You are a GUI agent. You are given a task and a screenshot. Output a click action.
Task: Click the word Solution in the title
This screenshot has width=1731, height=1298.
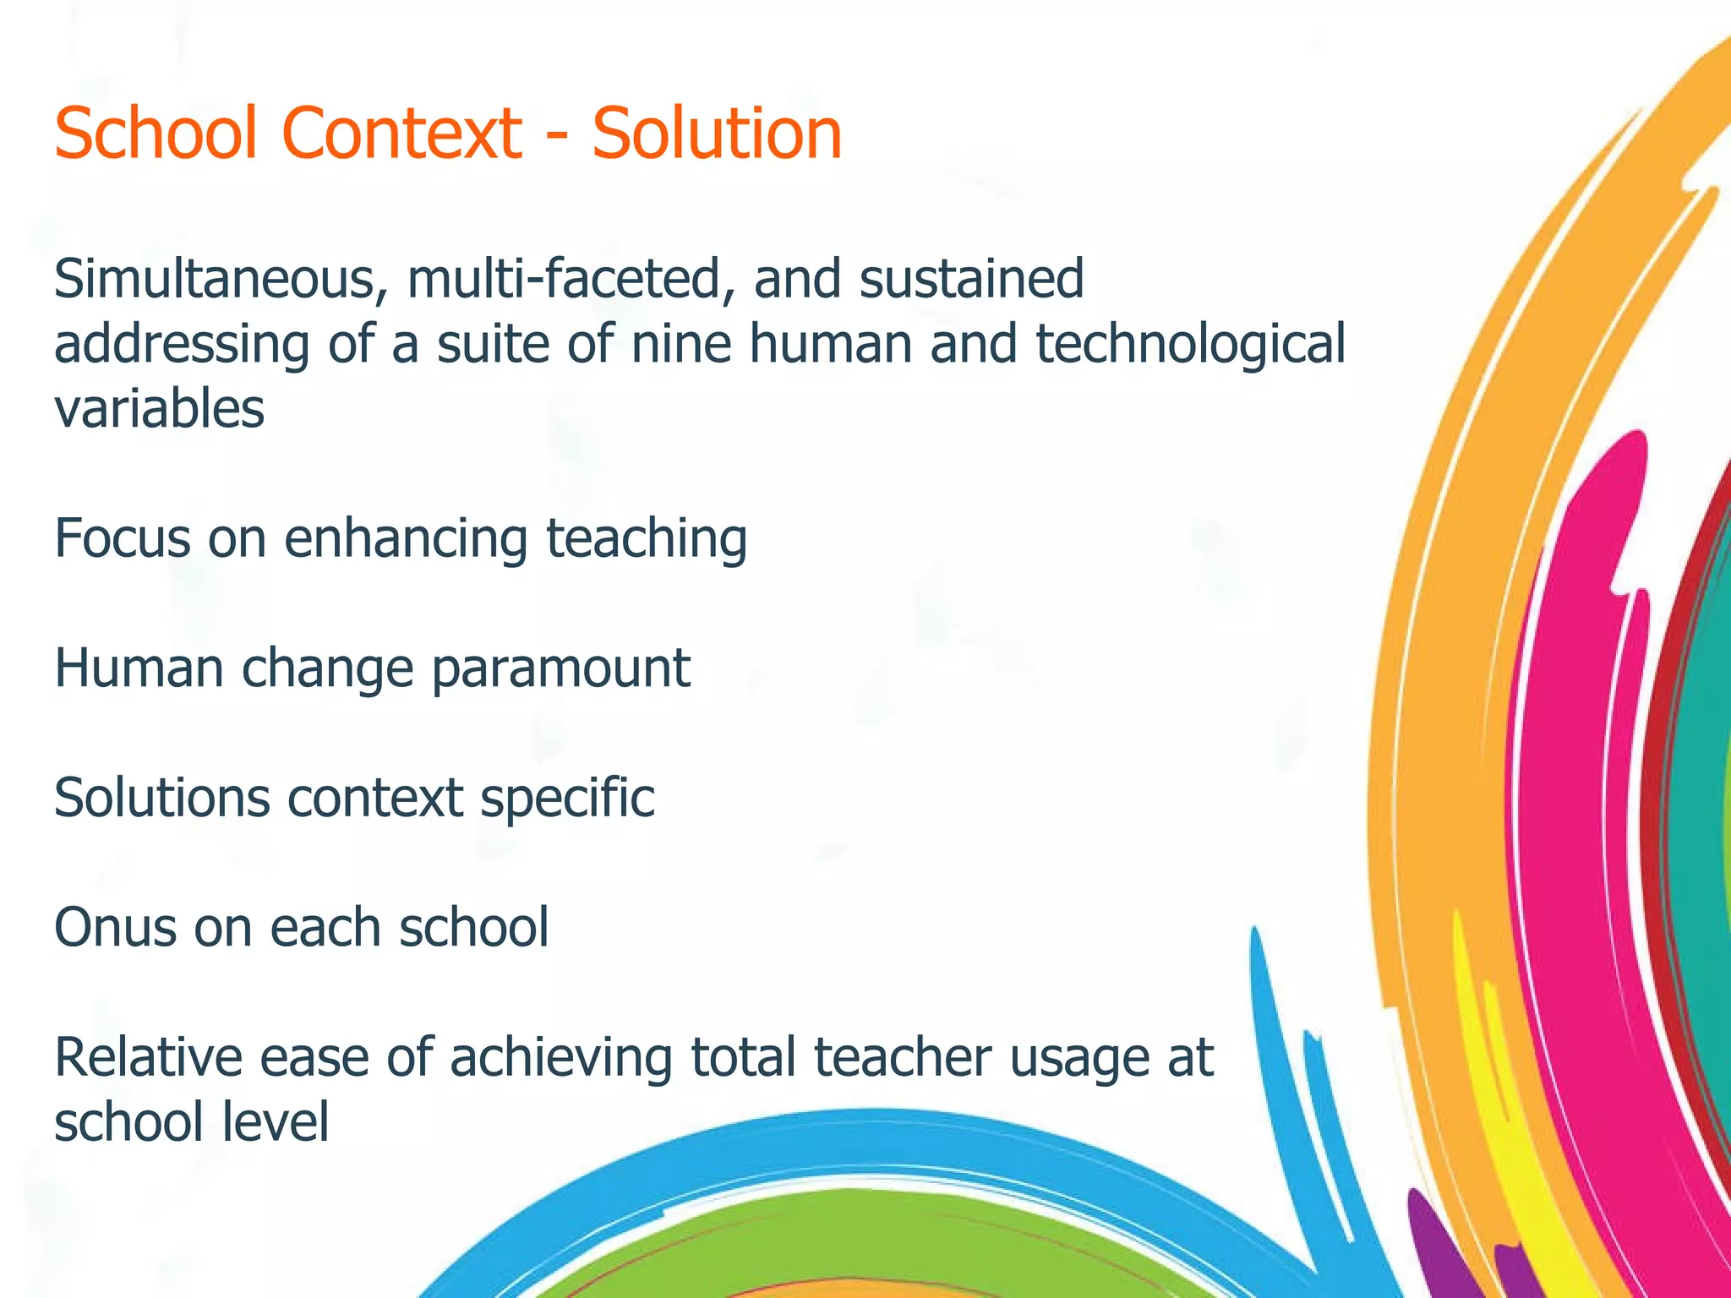[717, 134]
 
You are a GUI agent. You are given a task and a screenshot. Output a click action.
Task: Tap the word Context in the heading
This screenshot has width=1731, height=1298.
[401, 134]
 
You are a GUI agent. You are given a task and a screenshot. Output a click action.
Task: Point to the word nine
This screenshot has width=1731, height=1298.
[681, 345]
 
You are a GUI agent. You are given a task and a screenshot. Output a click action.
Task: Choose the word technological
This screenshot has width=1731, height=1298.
[1190, 345]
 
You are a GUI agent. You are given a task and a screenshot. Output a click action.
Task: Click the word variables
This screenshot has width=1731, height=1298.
[160, 409]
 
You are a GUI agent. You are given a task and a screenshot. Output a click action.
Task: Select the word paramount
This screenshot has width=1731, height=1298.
[561, 669]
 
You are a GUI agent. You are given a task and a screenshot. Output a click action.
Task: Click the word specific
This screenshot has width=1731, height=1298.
[568, 799]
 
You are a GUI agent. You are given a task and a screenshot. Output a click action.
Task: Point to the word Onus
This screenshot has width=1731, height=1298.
[116, 927]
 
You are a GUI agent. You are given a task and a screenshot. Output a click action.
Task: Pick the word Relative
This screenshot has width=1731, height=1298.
[148, 1057]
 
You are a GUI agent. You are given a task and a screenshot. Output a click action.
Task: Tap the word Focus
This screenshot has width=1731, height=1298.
[123, 538]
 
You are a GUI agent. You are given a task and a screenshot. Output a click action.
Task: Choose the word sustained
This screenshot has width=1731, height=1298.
[971, 280]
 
